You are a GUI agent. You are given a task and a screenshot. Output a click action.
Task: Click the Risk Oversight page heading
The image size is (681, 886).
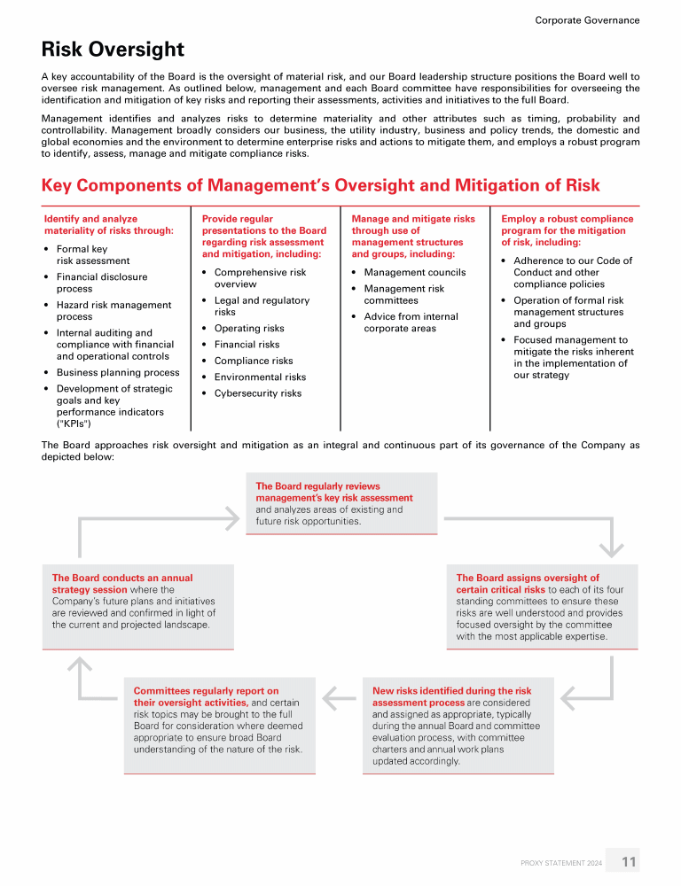pos(113,50)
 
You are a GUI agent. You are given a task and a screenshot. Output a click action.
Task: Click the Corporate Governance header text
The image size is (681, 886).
pos(587,19)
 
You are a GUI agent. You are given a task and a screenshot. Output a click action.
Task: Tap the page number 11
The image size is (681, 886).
pos(629,861)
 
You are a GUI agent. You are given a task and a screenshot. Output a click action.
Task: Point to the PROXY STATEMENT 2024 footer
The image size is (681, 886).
pos(561,862)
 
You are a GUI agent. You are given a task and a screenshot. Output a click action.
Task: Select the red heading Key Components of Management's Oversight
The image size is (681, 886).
pos(320,185)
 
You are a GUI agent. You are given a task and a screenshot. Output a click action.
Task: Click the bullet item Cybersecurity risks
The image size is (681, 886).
pos(258,393)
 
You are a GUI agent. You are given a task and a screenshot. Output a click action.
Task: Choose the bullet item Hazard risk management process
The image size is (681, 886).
pos(113,311)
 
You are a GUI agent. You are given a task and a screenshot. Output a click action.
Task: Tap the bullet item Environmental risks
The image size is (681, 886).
pos(260,377)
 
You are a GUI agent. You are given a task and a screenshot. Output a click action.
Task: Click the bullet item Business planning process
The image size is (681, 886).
pos(118,373)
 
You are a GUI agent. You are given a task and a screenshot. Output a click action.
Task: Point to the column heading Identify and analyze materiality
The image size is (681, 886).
pos(109,225)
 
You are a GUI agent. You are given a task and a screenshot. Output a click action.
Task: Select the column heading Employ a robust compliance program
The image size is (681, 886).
pos(567,230)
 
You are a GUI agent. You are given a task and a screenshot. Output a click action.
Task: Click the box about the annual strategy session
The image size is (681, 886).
pos(138,607)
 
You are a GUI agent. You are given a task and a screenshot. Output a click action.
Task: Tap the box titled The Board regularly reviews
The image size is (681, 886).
pos(341,503)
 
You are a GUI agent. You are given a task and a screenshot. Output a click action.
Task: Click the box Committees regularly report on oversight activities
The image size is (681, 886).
pos(219,725)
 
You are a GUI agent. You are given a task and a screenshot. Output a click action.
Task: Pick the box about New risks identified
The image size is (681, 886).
pos(458,726)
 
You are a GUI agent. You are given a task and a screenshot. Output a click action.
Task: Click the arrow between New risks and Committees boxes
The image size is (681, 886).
pos(338,699)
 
